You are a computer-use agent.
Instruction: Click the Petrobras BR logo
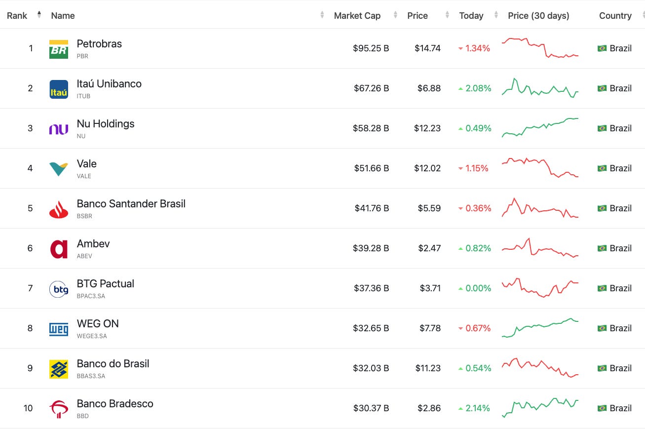(x=59, y=49)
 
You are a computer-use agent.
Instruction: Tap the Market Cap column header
(x=357, y=16)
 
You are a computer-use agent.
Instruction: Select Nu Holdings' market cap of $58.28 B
(x=371, y=128)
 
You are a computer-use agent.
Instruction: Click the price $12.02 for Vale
(x=427, y=168)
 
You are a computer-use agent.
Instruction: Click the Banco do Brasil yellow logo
(x=59, y=369)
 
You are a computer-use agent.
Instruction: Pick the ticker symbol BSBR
(x=84, y=216)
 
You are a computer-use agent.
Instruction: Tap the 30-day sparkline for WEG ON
(x=540, y=328)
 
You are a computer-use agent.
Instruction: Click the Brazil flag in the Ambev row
(x=602, y=248)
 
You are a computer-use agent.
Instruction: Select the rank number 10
(x=28, y=408)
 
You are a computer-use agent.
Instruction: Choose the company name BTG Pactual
(x=105, y=284)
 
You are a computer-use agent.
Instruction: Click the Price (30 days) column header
(x=538, y=16)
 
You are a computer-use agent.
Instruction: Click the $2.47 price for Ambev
(x=429, y=248)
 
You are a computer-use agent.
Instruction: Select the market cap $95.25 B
(x=371, y=48)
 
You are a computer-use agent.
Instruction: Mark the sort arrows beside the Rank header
(x=39, y=15)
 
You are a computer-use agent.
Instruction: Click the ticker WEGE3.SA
(x=92, y=336)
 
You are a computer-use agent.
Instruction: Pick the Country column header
(x=615, y=16)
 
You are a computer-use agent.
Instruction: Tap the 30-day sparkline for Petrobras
(x=540, y=48)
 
